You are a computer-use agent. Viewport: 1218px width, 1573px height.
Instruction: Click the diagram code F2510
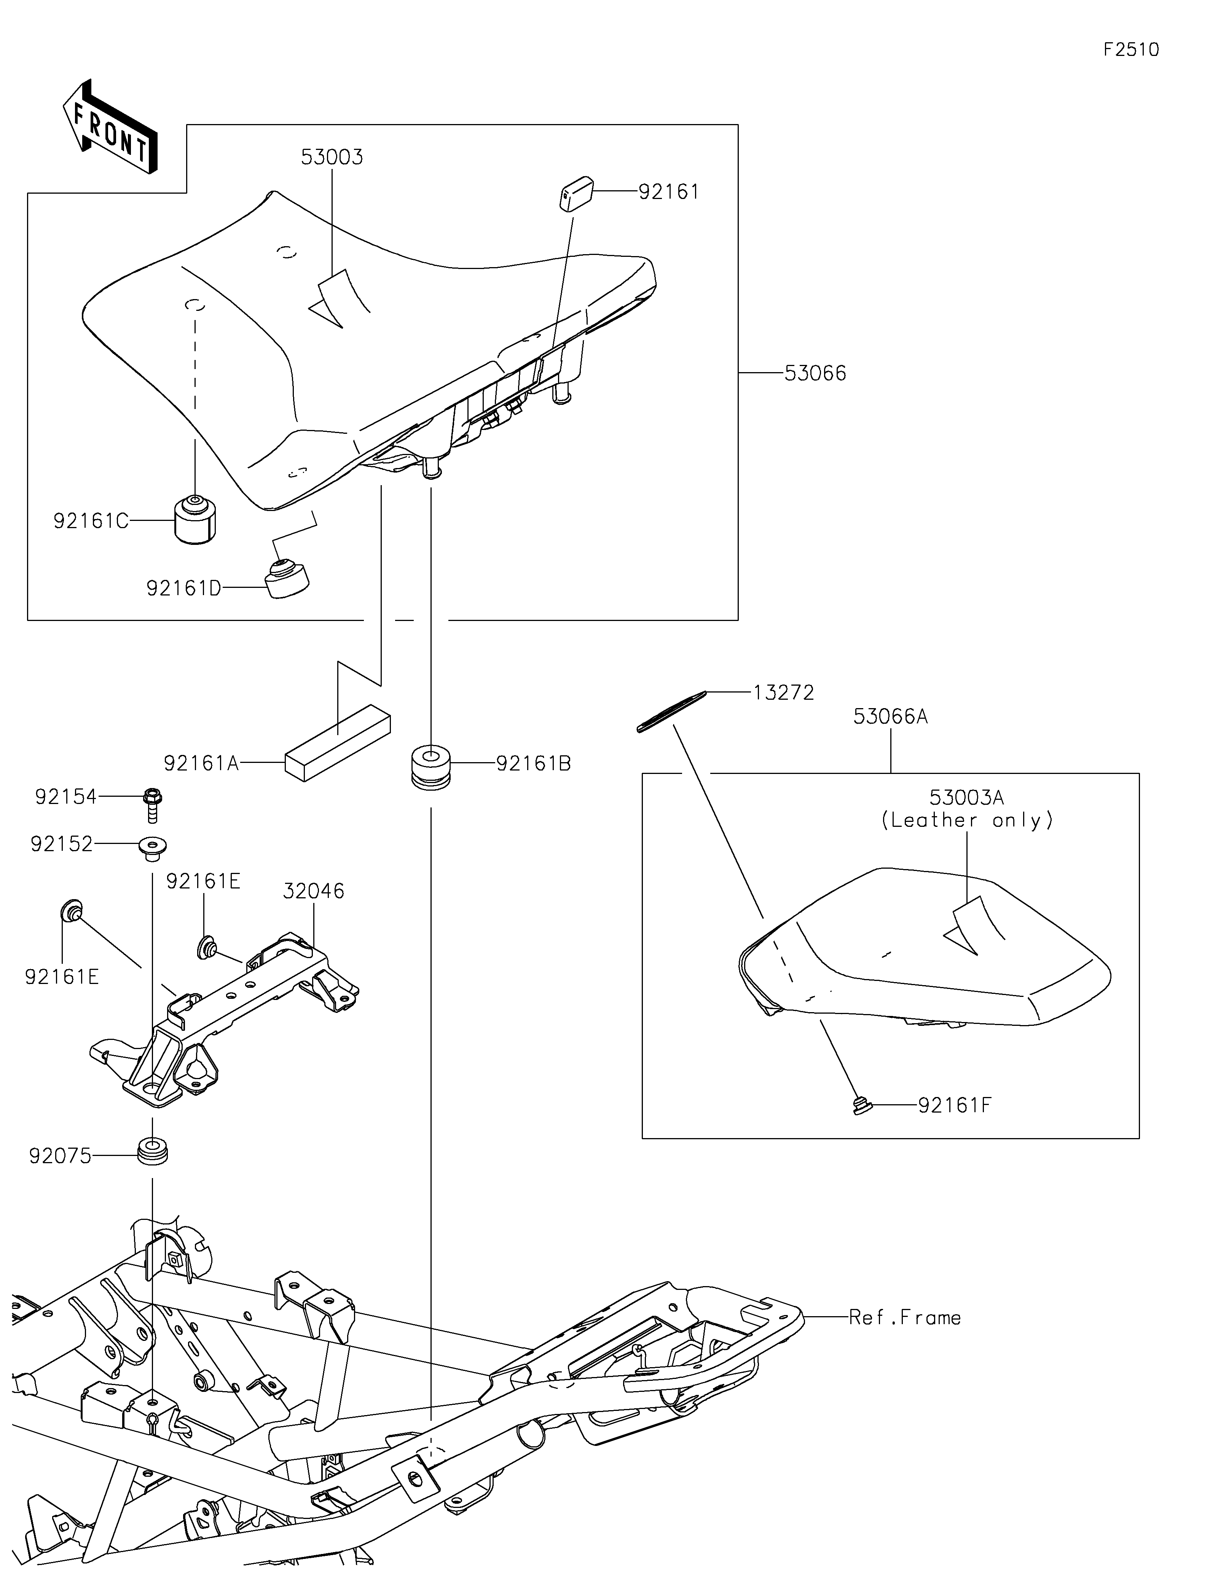click(x=1131, y=50)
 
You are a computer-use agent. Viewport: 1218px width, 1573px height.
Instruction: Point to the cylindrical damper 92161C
click(x=195, y=520)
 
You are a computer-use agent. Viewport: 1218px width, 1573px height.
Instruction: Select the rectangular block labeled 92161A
click(x=337, y=742)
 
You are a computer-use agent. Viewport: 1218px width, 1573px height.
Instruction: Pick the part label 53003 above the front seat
click(x=332, y=157)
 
